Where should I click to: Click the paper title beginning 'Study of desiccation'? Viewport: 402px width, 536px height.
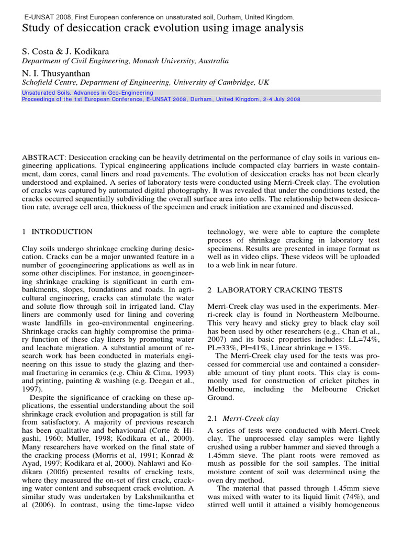coord(162,28)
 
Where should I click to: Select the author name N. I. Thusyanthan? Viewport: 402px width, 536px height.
coord(55,73)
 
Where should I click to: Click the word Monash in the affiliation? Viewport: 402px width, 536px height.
coord(148,61)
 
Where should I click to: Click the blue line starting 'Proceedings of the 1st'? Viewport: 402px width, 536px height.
coord(161,99)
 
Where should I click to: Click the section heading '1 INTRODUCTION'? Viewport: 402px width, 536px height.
coord(57,232)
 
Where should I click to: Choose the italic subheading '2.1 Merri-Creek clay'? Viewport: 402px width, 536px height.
coord(243,418)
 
